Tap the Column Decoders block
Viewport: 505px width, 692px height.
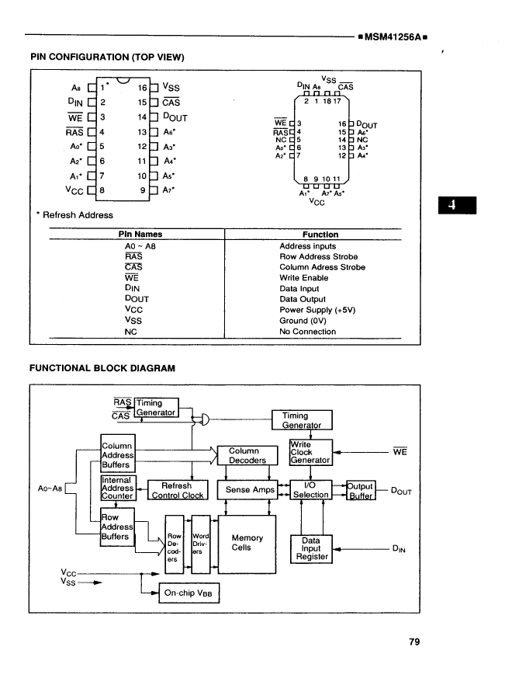[247, 455]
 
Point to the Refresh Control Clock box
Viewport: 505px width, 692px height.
[178, 490]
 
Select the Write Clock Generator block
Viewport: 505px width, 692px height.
[310, 452]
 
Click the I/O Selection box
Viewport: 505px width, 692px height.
[310, 490]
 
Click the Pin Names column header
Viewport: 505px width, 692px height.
[136, 235]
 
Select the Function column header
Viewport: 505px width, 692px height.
[320, 235]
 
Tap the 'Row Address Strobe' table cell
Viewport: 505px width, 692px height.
[318, 256]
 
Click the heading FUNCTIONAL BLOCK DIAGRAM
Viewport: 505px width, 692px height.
[102, 367]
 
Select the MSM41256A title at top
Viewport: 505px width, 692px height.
[394, 37]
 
